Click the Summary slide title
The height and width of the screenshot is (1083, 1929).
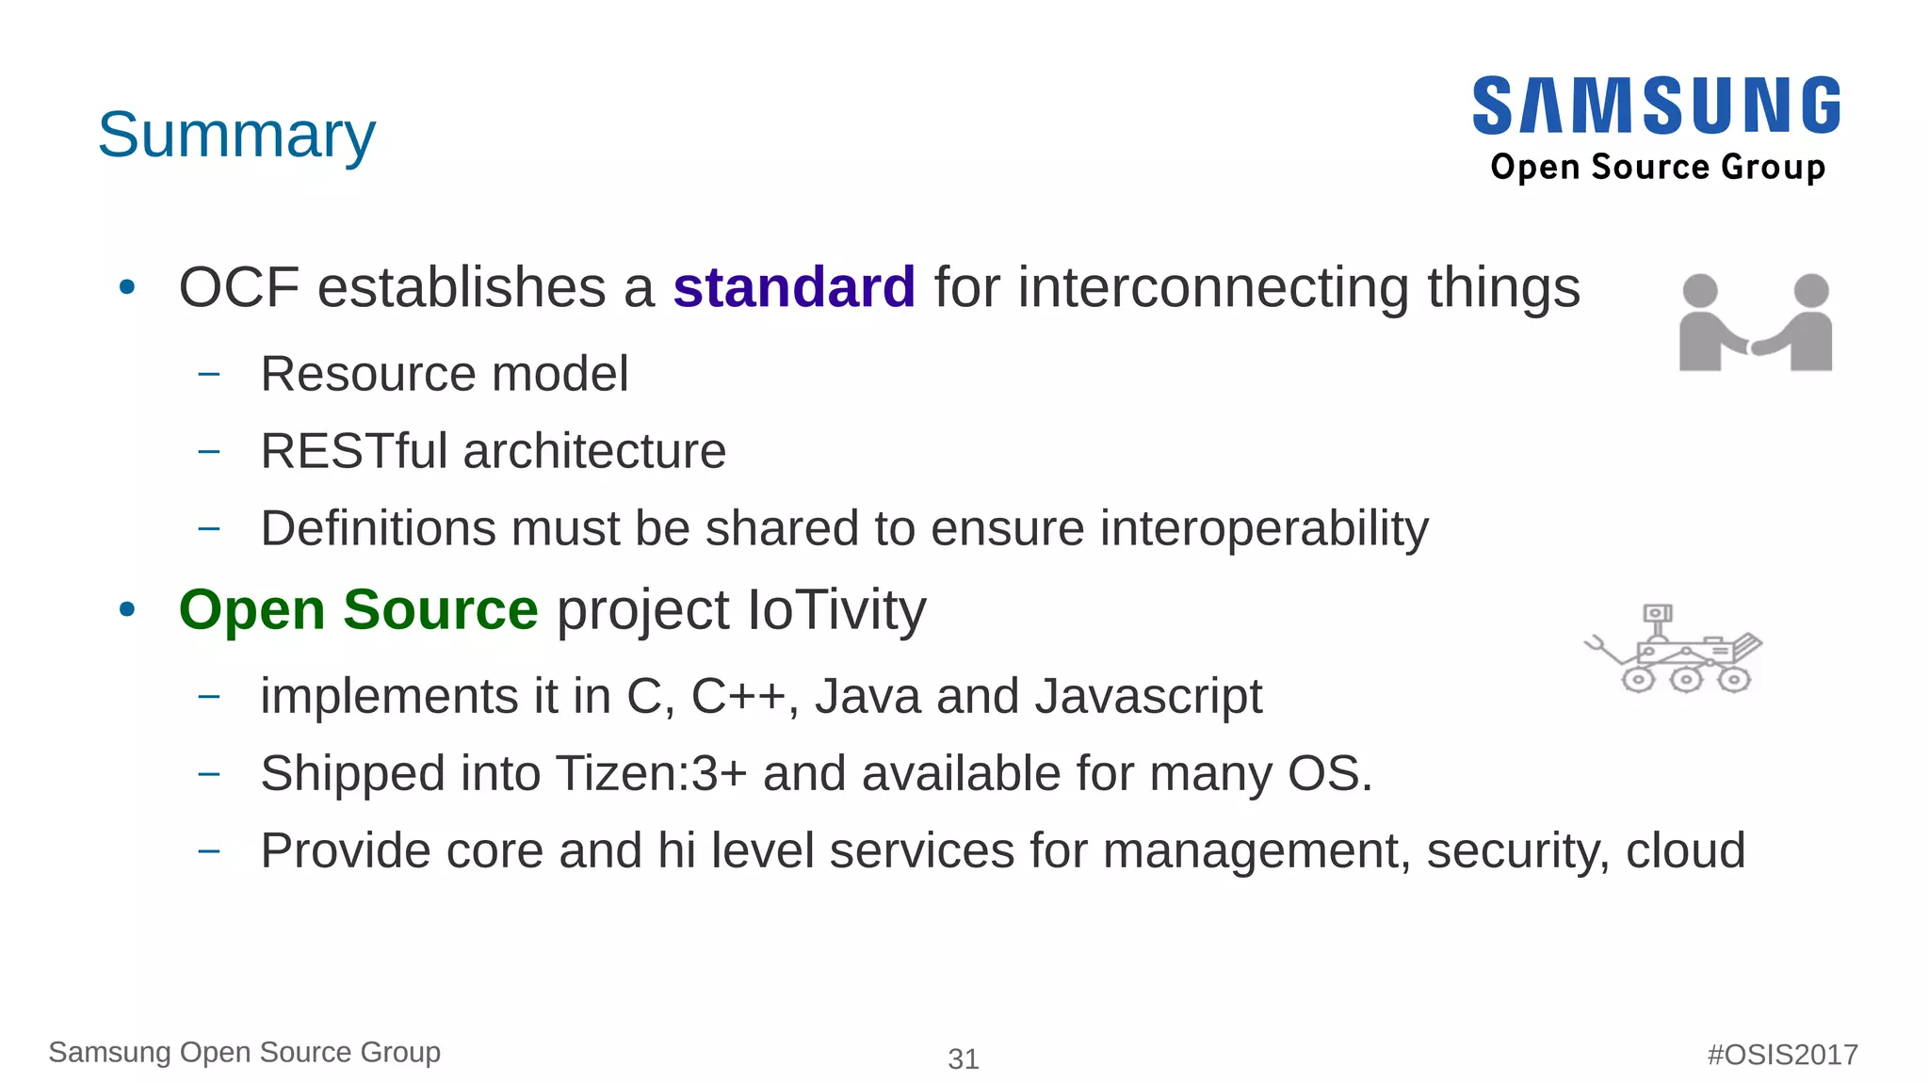[236, 135]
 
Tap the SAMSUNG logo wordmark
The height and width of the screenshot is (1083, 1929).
[1657, 105]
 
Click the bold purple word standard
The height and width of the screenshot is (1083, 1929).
[794, 287]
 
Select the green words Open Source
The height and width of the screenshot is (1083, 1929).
[358, 609]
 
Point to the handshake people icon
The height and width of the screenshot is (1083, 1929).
[1755, 323]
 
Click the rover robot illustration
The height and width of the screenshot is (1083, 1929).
[1674, 650]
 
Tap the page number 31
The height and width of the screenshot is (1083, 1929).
[963, 1059]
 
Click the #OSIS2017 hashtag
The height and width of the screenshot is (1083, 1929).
[1782, 1054]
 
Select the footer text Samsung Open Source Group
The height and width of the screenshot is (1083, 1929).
[244, 1052]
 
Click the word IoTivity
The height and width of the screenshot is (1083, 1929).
[836, 609]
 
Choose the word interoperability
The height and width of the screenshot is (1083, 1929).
[1264, 528]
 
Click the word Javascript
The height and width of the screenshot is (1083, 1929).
[1148, 697]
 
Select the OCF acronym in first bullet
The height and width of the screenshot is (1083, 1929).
[239, 287]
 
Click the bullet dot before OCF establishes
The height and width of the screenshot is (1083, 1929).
[127, 287]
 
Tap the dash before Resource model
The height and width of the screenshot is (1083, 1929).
[209, 374]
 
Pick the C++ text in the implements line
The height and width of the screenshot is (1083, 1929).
[738, 697]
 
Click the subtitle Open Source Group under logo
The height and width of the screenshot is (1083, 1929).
[1657, 167]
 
